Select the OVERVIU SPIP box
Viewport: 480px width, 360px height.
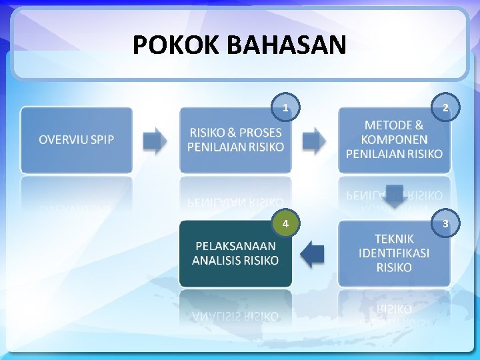point(76,140)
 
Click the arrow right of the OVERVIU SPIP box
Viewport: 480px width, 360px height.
point(155,140)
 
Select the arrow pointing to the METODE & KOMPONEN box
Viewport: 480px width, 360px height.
point(314,140)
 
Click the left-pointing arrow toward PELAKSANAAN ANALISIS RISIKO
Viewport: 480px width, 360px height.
point(312,254)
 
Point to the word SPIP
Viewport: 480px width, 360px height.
point(101,140)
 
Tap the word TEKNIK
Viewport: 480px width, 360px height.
point(394,239)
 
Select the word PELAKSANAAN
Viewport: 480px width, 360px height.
point(235,246)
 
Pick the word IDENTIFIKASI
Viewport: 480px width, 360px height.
point(394,253)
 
